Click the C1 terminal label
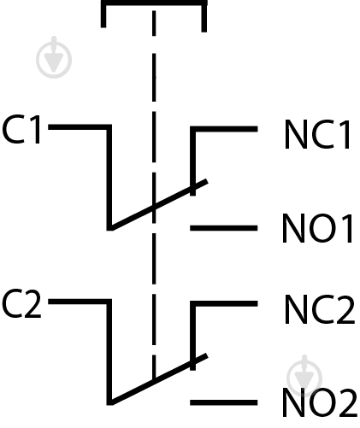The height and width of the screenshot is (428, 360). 21,129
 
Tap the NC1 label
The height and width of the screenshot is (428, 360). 317,134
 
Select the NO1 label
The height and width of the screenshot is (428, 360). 317,228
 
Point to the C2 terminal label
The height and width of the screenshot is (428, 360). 21,303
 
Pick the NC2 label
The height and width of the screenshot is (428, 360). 320,309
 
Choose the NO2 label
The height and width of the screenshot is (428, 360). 320,402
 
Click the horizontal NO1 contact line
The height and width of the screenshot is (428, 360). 224,228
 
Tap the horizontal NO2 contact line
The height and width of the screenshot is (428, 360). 224,402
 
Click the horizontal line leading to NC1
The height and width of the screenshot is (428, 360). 224,129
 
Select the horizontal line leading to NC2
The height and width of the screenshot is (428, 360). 224,303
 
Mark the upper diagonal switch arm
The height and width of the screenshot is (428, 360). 159,204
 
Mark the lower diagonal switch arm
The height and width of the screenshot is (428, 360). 159,379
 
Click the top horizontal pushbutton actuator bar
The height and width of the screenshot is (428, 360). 154,3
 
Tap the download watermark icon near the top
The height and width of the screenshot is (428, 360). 54,58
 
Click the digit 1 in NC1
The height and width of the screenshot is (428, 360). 345,134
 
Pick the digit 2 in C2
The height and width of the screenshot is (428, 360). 32,303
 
